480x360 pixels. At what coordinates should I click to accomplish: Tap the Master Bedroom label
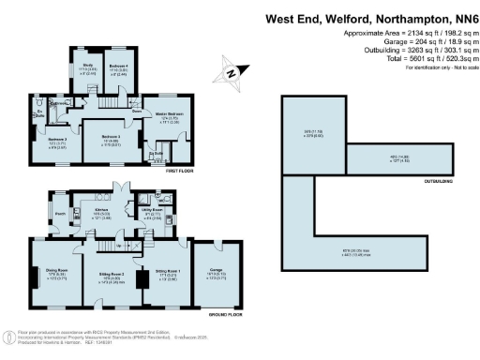pyautogui.click(x=156, y=114)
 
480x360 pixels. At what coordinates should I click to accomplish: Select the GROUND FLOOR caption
pyautogui.click(x=226, y=315)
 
